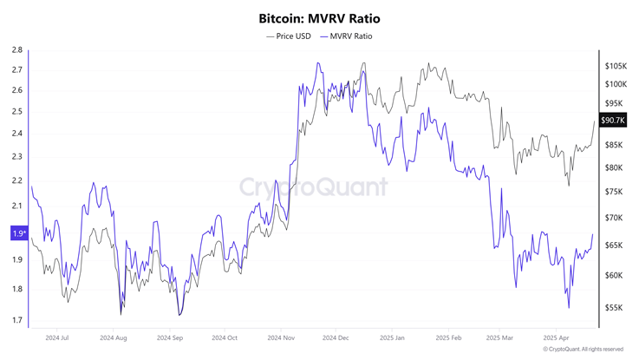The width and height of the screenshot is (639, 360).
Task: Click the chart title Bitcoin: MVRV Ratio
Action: coord(319,17)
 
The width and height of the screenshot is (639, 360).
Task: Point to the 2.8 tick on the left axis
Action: coord(17,50)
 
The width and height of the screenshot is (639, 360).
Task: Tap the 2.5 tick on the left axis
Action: coord(17,111)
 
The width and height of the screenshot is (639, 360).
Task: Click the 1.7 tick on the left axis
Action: coord(17,321)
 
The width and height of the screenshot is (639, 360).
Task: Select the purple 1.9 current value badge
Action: coord(17,233)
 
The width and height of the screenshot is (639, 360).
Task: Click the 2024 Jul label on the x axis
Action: coord(57,337)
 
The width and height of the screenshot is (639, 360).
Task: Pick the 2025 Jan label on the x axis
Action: coord(393,337)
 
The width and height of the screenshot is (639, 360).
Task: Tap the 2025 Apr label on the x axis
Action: coord(557,337)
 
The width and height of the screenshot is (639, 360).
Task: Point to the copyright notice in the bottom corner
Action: coord(583,350)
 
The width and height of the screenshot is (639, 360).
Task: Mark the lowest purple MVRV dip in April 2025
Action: coord(569,307)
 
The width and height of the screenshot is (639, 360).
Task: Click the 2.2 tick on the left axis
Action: coord(17,180)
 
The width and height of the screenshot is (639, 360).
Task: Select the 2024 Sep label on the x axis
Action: coord(169,337)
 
